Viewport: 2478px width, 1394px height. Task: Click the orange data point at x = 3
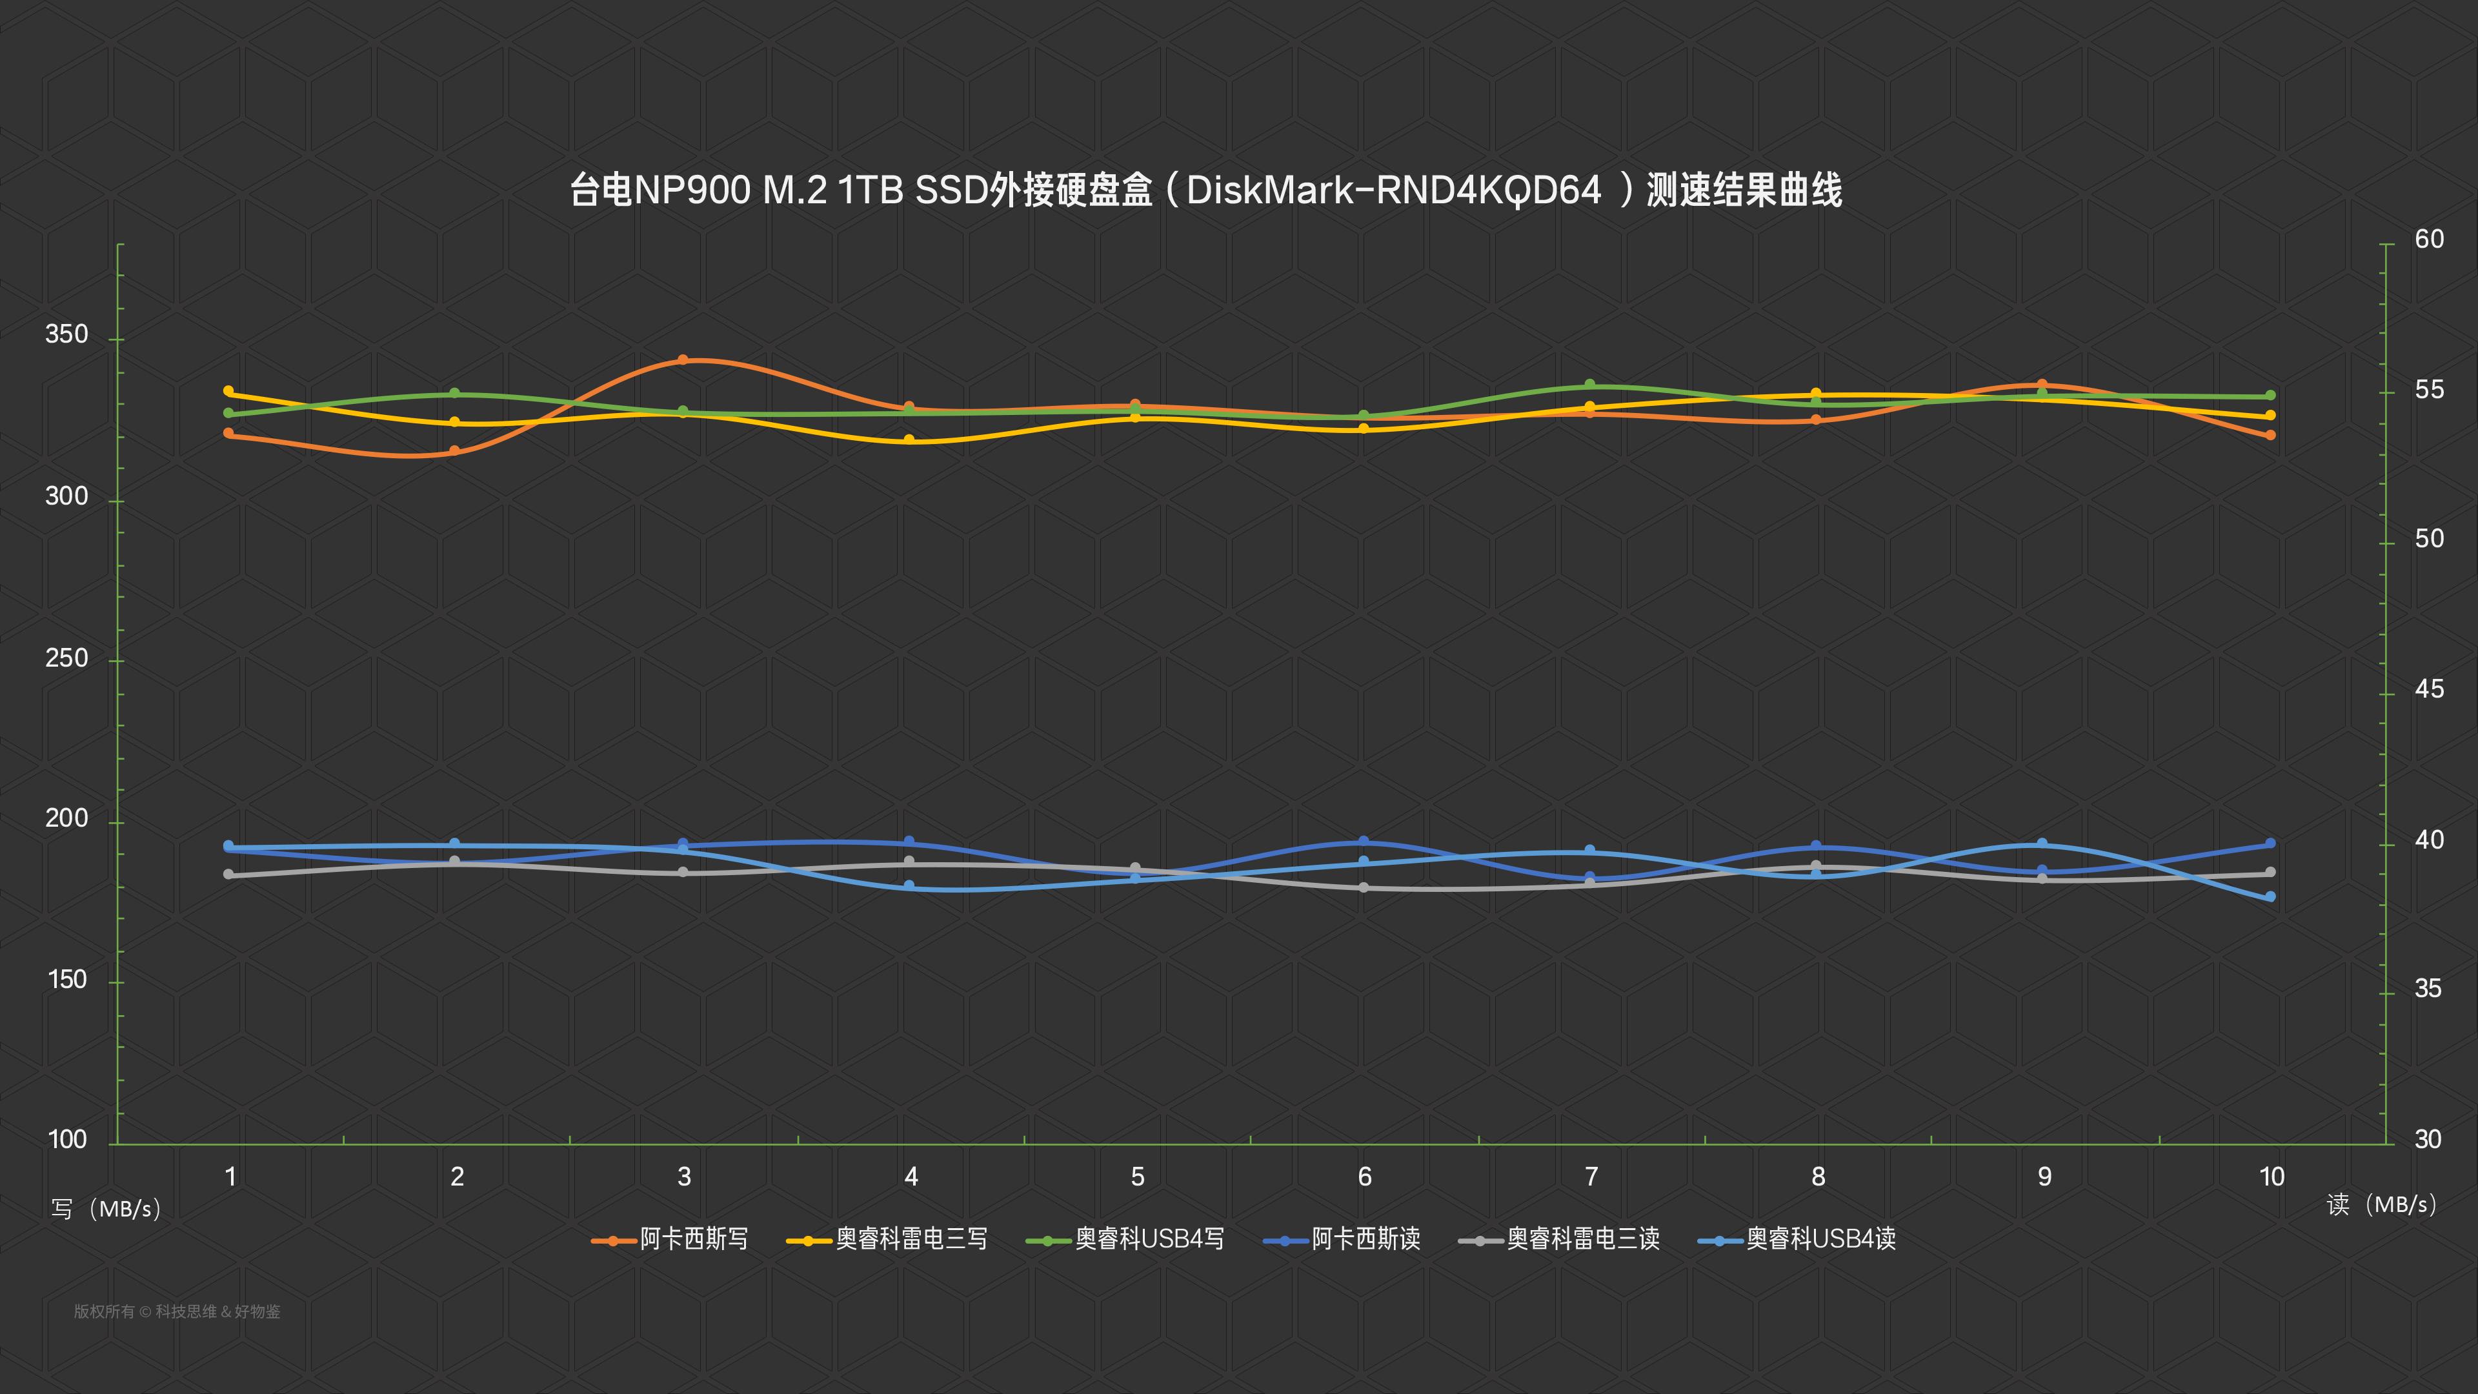click(x=683, y=360)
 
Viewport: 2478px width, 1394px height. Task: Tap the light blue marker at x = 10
click(x=2270, y=896)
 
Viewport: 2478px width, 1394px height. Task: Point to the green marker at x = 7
click(x=1589, y=385)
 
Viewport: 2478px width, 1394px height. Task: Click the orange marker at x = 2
click(x=455, y=450)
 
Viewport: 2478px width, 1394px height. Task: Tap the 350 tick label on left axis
click(x=66, y=335)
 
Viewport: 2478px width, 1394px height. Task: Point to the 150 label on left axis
click(x=66, y=980)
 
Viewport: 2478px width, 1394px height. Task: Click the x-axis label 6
click(x=1364, y=1177)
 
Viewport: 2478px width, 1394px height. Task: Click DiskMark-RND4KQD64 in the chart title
click(x=1394, y=190)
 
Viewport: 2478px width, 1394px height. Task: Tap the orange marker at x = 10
click(x=2270, y=435)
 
